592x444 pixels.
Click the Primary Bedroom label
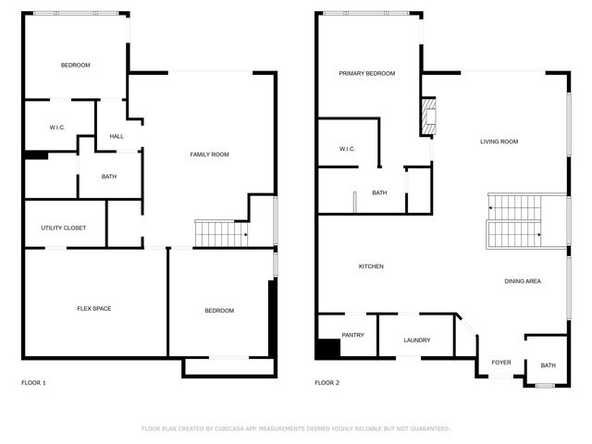[x=366, y=73]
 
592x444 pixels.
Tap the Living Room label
[x=499, y=142]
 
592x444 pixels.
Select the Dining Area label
[x=523, y=281]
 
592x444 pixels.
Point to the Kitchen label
[x=371, y=266]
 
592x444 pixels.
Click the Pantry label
[x=352, y=335]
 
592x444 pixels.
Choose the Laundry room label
[x=416, y=339]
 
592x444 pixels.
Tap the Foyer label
[x=500, y=363]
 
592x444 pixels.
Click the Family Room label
[x=209, y=154]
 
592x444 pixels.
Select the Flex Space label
[x=93, y=308]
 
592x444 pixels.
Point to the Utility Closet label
[x=63, y=228]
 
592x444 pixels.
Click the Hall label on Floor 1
[x=117, y=136]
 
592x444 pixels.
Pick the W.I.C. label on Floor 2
[x=348, y=148]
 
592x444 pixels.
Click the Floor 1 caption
[x=33, y=382]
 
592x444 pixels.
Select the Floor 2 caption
[x=327, y=382]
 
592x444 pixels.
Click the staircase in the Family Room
[x=220, y=234]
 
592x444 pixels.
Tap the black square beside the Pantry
[x=327, y=349]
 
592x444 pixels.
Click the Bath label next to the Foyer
[x=548, y=365]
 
